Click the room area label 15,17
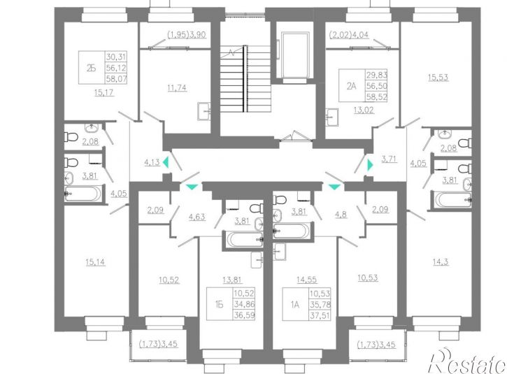tap(103, 93)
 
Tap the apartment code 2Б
tap(91, 69)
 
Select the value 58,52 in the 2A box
tap(376, 96)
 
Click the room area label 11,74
tap(177, 88)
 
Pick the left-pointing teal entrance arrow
tap(166, 162)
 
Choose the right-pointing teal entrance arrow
tap(370, 165)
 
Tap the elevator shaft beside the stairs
tap(296, 55)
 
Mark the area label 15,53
tap(438, 78)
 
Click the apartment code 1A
tap(295, 305)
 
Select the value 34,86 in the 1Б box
tap(244, 304)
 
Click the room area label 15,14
tap(95, 262)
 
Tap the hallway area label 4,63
tap(197, 217)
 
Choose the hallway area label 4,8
tap(341, 214)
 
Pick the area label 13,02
tap(364, 110)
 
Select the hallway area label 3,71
tap(390, 159)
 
